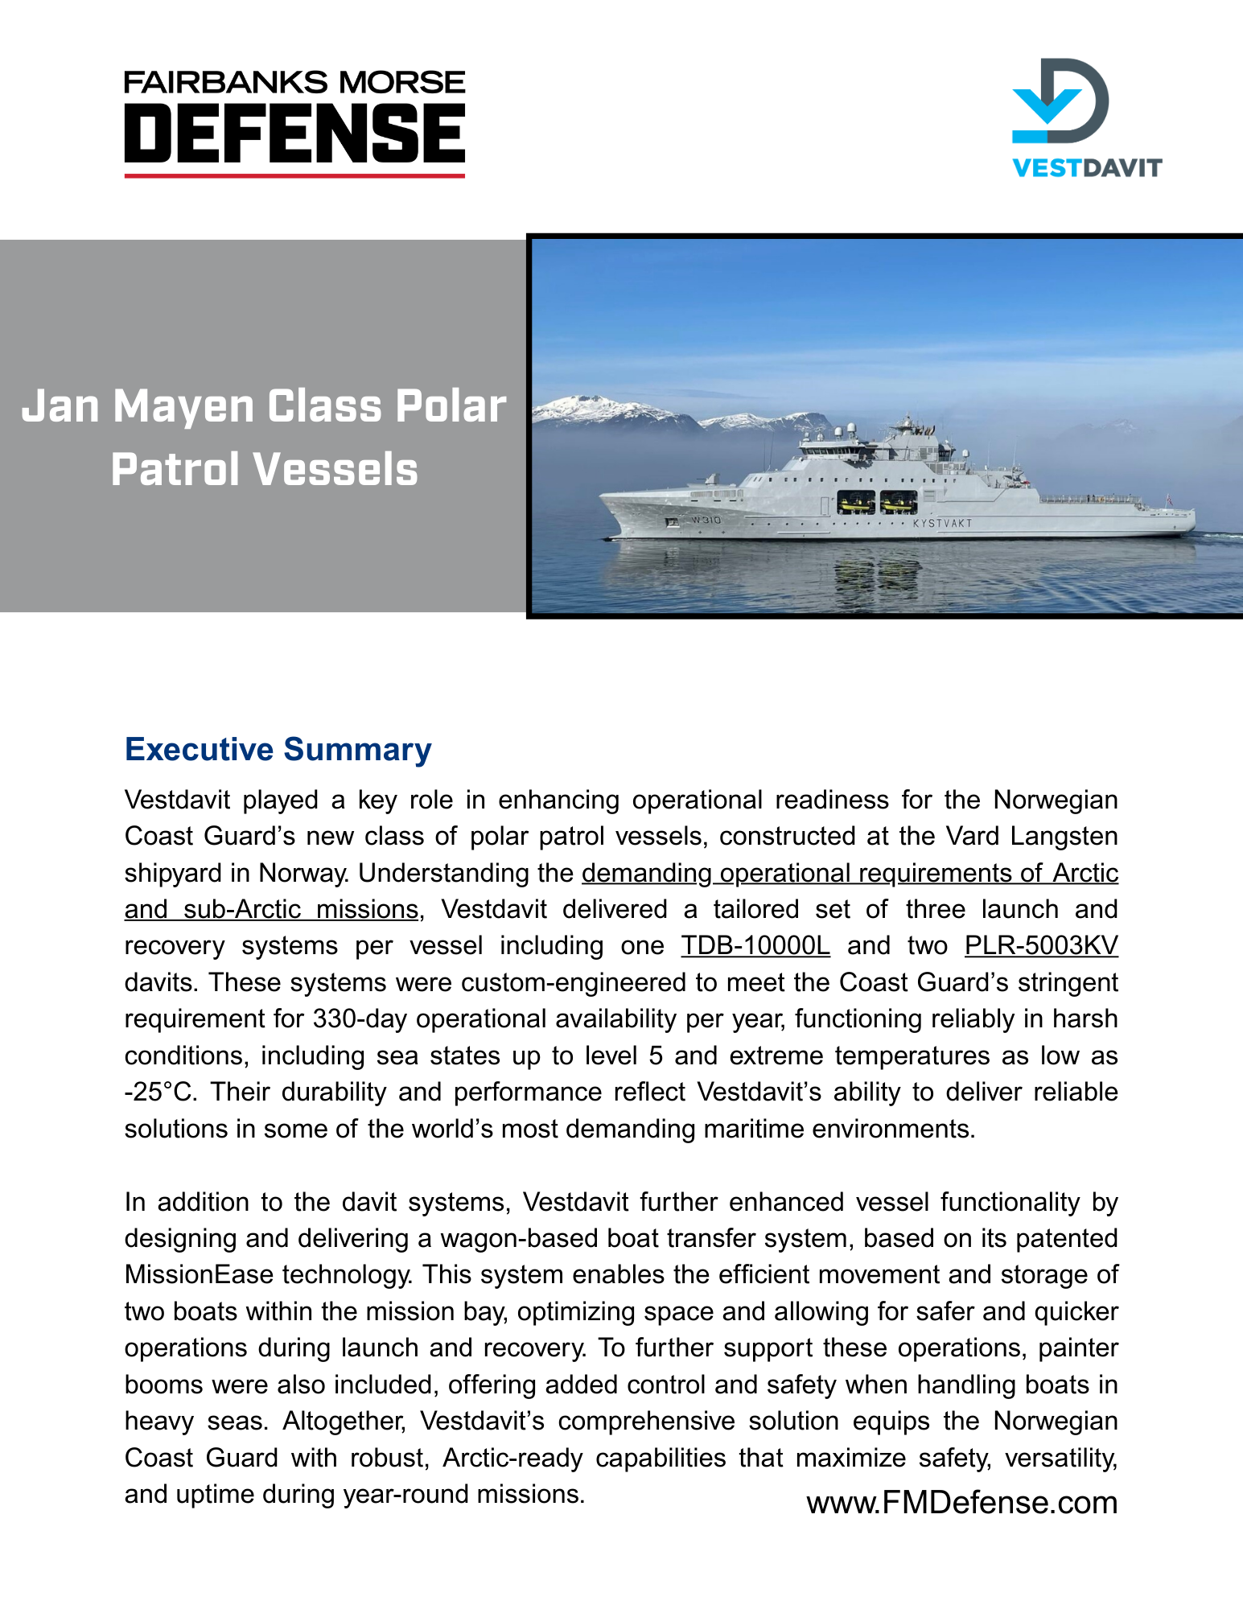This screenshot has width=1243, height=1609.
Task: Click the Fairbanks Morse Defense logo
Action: [x=294, y=121]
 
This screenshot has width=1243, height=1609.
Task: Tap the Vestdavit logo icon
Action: [x=1060, y=101]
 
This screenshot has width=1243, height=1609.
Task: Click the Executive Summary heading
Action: [x=278, y=749]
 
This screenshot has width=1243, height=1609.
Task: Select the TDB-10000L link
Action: [x=755, y=945]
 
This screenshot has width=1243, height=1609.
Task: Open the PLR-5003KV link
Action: [x=1041, y=945]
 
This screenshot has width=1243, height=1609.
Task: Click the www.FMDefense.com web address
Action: [x=961, y=1502]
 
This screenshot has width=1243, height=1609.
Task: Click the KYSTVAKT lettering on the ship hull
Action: [x=942, y=523]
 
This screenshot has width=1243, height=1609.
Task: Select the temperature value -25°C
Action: [x=160, y=1092]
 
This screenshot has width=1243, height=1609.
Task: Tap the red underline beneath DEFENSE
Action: [x=294, y=175]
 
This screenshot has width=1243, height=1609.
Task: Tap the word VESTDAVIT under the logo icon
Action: [x=1086, y=167]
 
